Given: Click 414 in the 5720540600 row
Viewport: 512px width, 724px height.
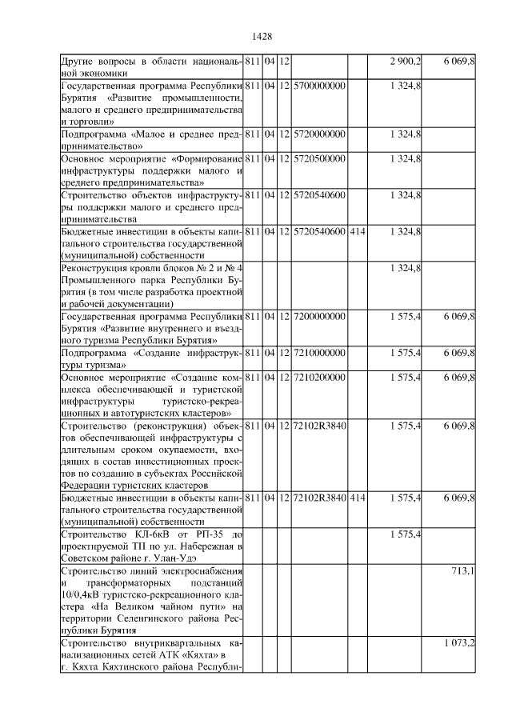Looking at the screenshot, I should (x=358, y=232).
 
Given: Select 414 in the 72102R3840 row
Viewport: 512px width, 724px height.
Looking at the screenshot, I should (x=358, y=498).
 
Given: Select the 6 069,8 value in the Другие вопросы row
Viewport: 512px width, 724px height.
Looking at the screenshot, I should (x=460, y=62).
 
